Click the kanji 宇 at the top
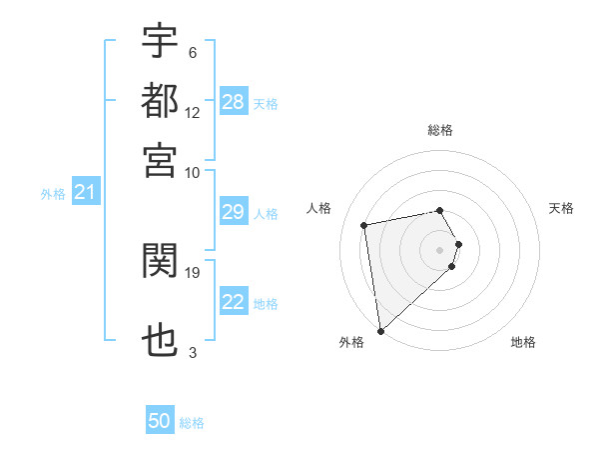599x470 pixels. click(160, 42)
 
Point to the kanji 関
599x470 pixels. click(160, 262)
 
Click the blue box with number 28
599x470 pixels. click(234, 102)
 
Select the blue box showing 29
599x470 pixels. click(234, 212)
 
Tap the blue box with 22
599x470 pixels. click(234, 302)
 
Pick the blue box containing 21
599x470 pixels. click(85, 193)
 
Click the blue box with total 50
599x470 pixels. click(160, 421)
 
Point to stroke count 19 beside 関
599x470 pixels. click(194, 272)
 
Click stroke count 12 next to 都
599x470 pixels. click(193, 112)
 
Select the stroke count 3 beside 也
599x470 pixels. click(193, 352)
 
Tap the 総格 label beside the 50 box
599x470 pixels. click(192, 423)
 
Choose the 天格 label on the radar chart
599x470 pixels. click(561, 208)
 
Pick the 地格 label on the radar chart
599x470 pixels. click(523, 343)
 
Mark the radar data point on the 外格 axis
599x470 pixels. click(380, 330)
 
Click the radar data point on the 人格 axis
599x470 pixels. click(364, 225)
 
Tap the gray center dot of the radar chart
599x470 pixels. click(440, 250)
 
